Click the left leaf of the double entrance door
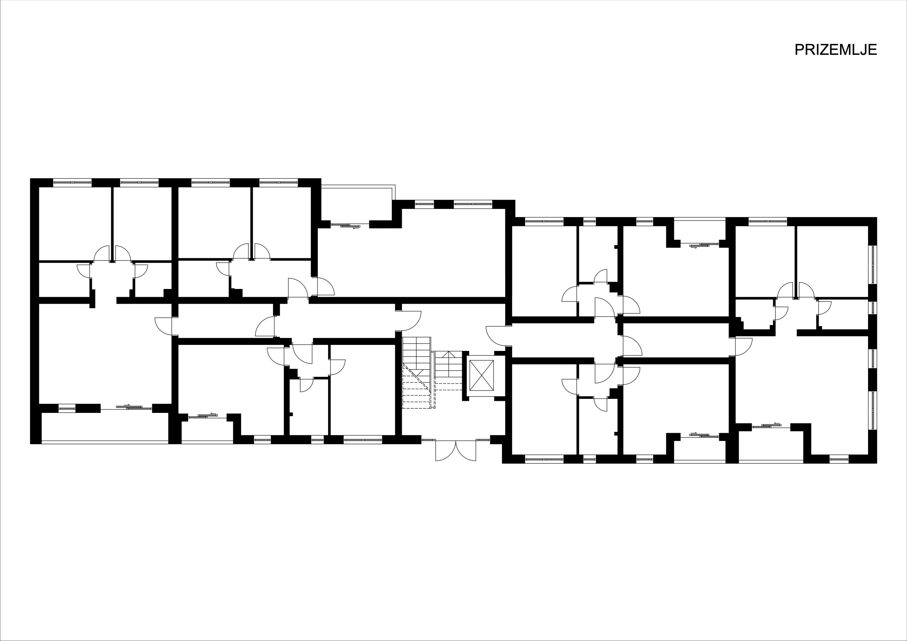(x=446, y=450)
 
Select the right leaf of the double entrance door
(x=466, y=450)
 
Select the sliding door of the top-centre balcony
(x=345, y=226)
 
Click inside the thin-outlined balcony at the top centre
(x=355, y=205)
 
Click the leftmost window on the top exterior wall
(x=72, y=182)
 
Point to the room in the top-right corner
(x=832, y=261)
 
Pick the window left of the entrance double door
(x=429, y=439)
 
